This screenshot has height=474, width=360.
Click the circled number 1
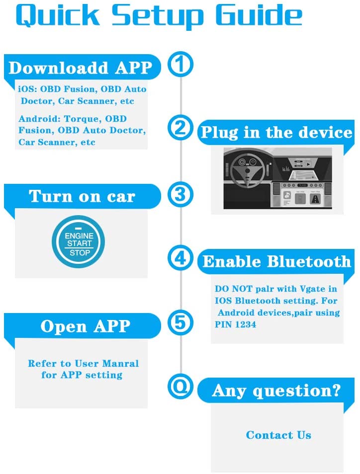[x=180, y=64]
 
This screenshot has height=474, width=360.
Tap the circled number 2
[x=180, y=128]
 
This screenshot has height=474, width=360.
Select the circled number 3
[x=180, y=194]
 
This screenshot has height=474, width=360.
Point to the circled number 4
[x=180, y=258]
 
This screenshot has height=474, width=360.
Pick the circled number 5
[x=180, y=322]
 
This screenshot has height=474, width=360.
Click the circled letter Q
[x=180, y=387]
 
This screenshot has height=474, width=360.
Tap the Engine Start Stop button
[x=79, y=242]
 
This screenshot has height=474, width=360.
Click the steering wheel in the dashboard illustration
[x=248, y=171]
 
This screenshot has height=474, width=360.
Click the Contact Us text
[x=278, y=435]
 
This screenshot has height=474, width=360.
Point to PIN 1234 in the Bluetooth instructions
[x=235, y=324]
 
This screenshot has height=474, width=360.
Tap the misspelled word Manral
[x=120, y=363]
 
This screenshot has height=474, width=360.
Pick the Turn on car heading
[x=82, y=196]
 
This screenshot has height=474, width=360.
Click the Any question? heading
[x=276, y=391]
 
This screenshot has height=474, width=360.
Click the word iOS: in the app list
[x=27, y=89]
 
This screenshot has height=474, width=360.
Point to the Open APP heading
[x=86, y=326]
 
